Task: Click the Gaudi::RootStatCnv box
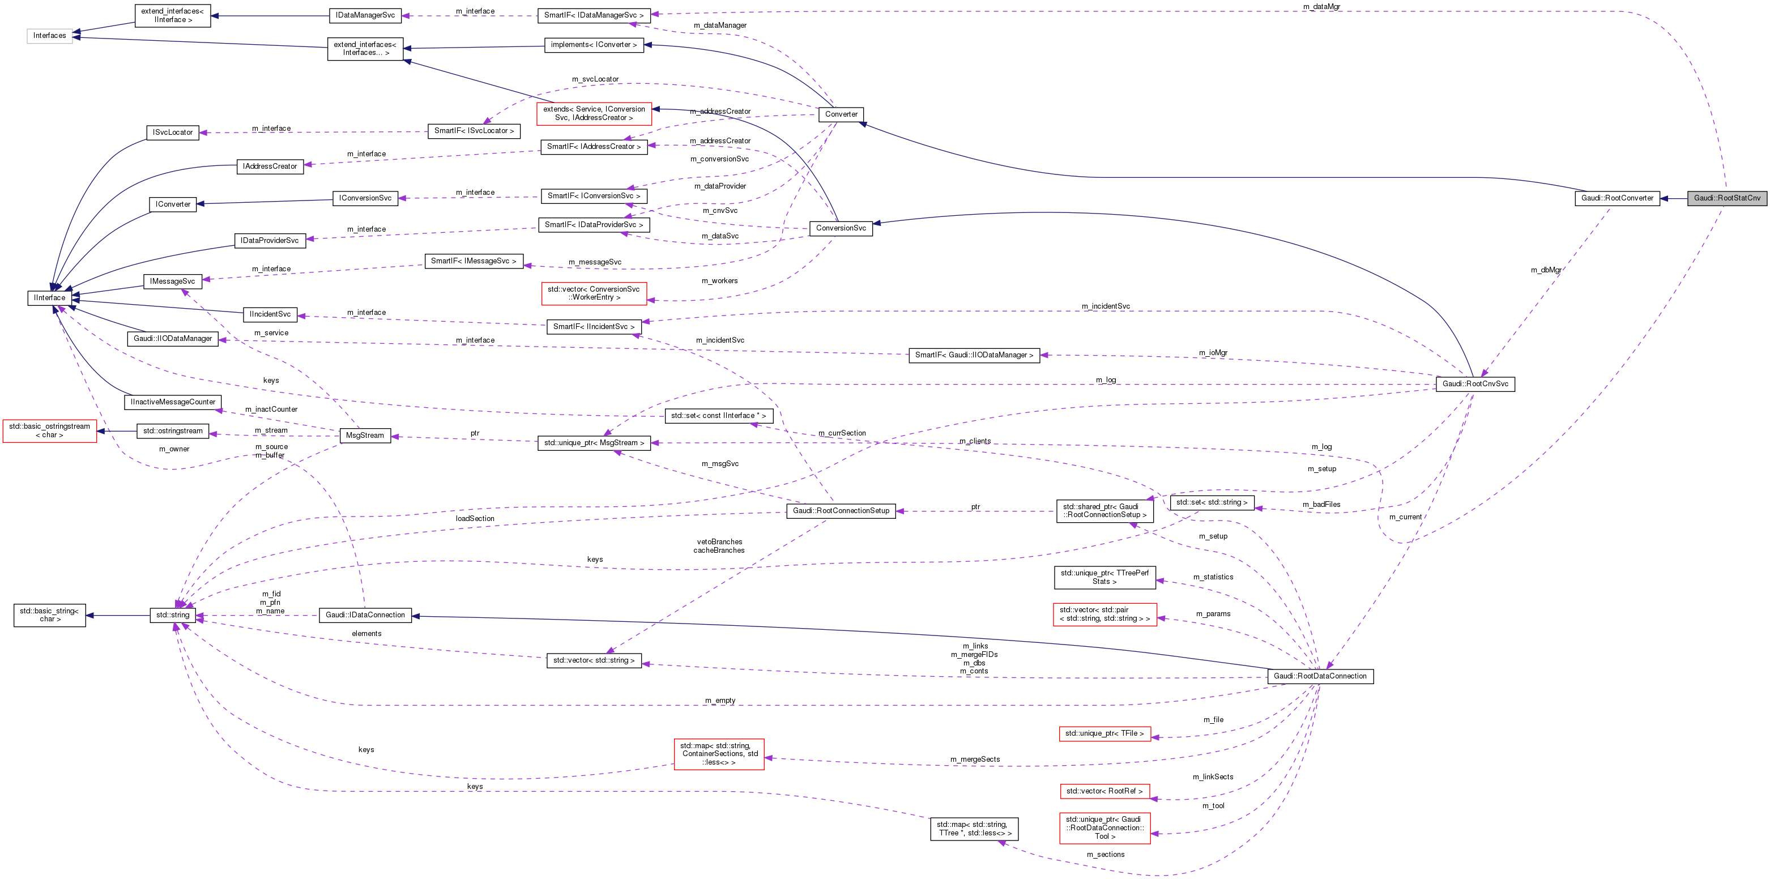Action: [x=1727, y=198]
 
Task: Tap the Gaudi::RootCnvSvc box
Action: [x=1474, y=383]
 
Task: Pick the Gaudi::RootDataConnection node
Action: [x=1319, y=676]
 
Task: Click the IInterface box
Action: [x=49, y=297]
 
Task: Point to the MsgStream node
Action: [x=365, y=435]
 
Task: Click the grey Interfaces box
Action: [x=49, y=36]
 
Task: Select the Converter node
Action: [x=841, y=114]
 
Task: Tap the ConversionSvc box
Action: [x=841, y=228]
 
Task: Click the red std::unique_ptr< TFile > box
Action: [x=1104, y=734]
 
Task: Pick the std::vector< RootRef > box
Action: [x=1104, y=792]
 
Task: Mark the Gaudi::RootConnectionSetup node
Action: [x=841, y=511]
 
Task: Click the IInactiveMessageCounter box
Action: [x=172, y=402]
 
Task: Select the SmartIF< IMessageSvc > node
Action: [x=474, y=261]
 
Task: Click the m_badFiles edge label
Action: [x=1321, y=505]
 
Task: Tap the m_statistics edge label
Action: [x=1213, y=577]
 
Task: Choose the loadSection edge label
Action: [x=475, y=519]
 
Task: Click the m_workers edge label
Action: [x=719, y=281]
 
